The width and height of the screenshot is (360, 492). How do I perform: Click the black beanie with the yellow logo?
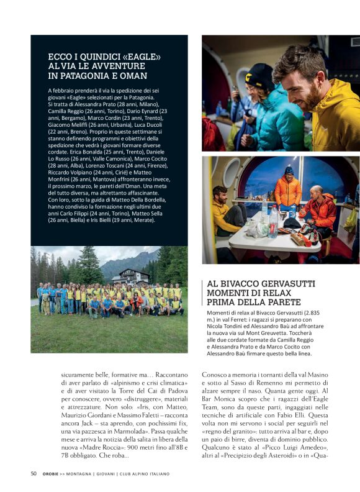pyautogui.click(x=259, y=76)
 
